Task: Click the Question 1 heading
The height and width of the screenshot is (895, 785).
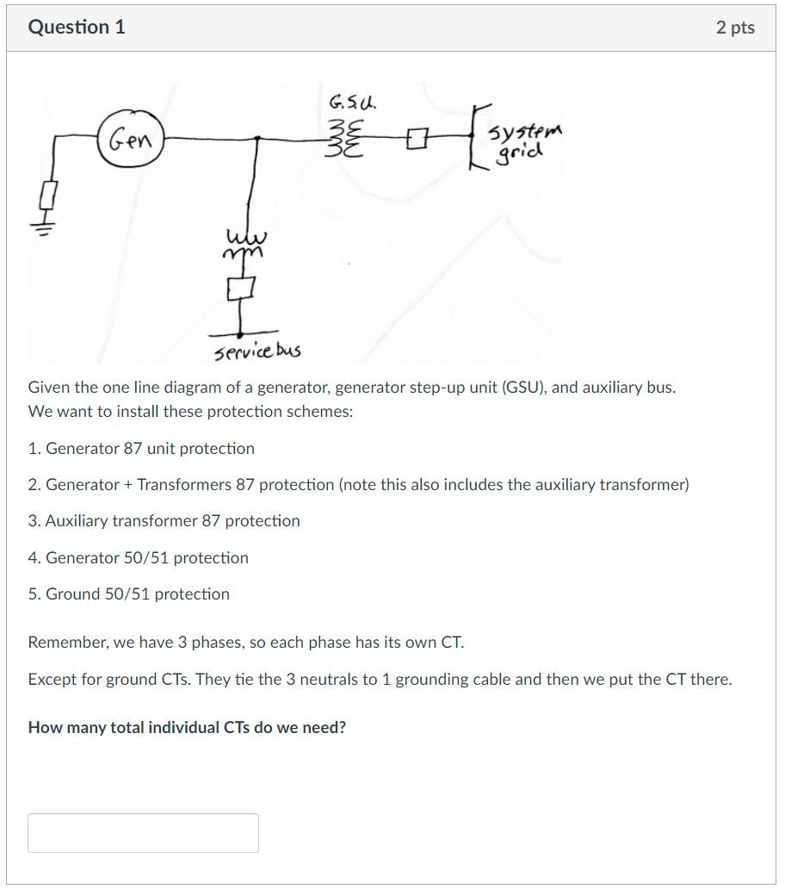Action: pos(77,28)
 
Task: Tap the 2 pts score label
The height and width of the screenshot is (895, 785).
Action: pos(734,28)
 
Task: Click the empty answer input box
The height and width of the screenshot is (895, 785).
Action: pos(143,832)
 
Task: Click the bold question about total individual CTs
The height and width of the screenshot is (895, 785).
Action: pos(187,728)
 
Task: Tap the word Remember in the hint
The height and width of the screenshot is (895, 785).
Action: pos(64,643)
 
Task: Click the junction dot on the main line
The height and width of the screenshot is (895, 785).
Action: pos(259,137)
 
